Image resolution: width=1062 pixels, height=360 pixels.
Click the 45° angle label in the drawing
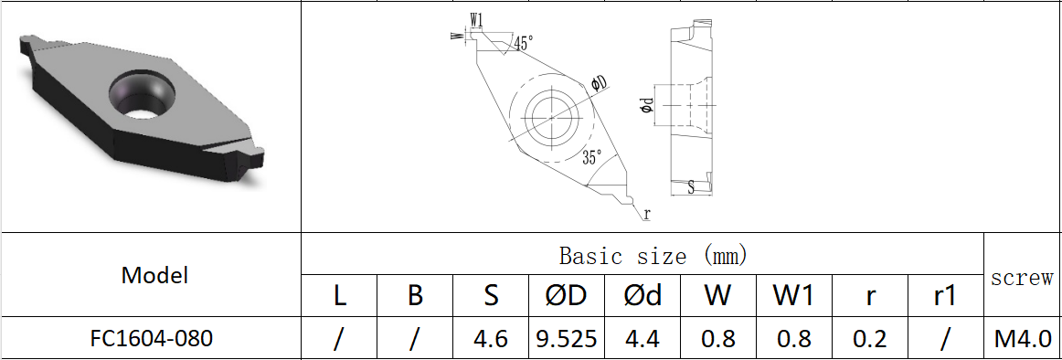[x=524, y=43]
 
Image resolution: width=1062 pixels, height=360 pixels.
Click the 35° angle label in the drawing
[x=592, y=157]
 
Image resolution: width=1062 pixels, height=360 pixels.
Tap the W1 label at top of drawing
[x=476, y=19]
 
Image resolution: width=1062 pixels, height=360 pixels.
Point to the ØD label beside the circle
[x=600, y=84]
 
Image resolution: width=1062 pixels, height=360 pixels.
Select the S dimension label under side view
[x=691, y=186]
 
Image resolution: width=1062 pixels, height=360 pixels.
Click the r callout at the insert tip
[x=646, y=214]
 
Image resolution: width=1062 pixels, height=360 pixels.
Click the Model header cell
[x=154, y=275]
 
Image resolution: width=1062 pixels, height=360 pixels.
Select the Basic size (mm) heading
[x=643, y=255]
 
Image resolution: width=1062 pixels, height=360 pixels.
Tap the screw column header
[x=1022, y=278]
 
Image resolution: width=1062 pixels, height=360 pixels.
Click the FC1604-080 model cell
[x=152, y=338]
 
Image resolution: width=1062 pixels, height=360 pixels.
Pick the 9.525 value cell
[x=566, y=339]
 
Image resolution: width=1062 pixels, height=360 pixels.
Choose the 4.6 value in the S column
[x=491, y=339]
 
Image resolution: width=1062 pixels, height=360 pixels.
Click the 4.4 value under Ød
[x=642, y=339]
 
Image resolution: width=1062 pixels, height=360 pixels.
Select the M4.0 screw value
[x=1022, y=339]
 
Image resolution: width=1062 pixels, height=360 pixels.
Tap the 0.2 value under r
[x=869, y=339]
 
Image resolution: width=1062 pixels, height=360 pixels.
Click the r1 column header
[x=945, y=295]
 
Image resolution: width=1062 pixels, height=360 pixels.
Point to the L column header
[x=339, y=295]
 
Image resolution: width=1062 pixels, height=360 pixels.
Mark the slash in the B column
[x=415, y=339]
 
